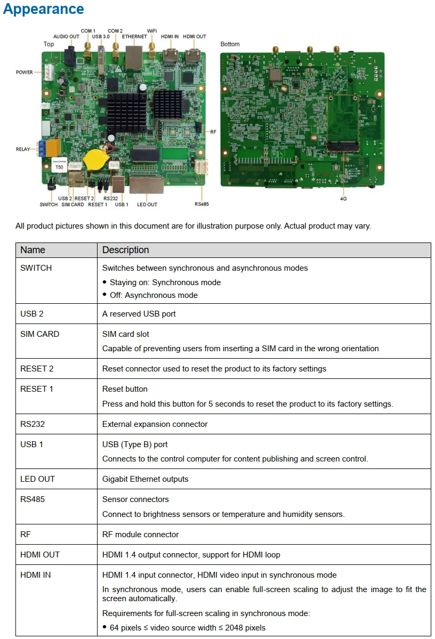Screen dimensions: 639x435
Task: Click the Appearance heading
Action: (x=44, y=10)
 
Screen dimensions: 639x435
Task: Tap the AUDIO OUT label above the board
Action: (x=66, y=37)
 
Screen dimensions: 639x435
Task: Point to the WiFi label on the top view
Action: (x=151, y=31)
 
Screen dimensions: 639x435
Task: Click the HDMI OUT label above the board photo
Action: (x=195, y=37)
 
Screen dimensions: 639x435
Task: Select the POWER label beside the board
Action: (x=25, y=72)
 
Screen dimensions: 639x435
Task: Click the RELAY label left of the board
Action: (x=23, y=150)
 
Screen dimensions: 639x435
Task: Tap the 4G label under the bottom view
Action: (x=344, y=198)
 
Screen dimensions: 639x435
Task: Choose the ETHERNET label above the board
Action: (x=134, y=37)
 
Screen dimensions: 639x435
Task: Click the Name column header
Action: (x=33, y=250)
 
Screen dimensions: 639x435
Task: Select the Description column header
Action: (x=125, y=250)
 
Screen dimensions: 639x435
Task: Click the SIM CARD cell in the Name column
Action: (x=39, y=334)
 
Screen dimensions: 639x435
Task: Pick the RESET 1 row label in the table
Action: (x=37, y=389)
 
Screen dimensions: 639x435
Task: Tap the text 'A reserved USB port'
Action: (x=139, y=314)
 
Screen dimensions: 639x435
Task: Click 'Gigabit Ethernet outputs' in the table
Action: (x=145, y=479)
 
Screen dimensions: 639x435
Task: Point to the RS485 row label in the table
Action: (x=35, y=499)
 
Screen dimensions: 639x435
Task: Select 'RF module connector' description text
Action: (x=140, y=535)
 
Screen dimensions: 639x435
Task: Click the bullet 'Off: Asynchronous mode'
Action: (x=154, y=295)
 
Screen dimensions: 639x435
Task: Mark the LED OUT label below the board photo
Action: (x=147, y=205)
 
